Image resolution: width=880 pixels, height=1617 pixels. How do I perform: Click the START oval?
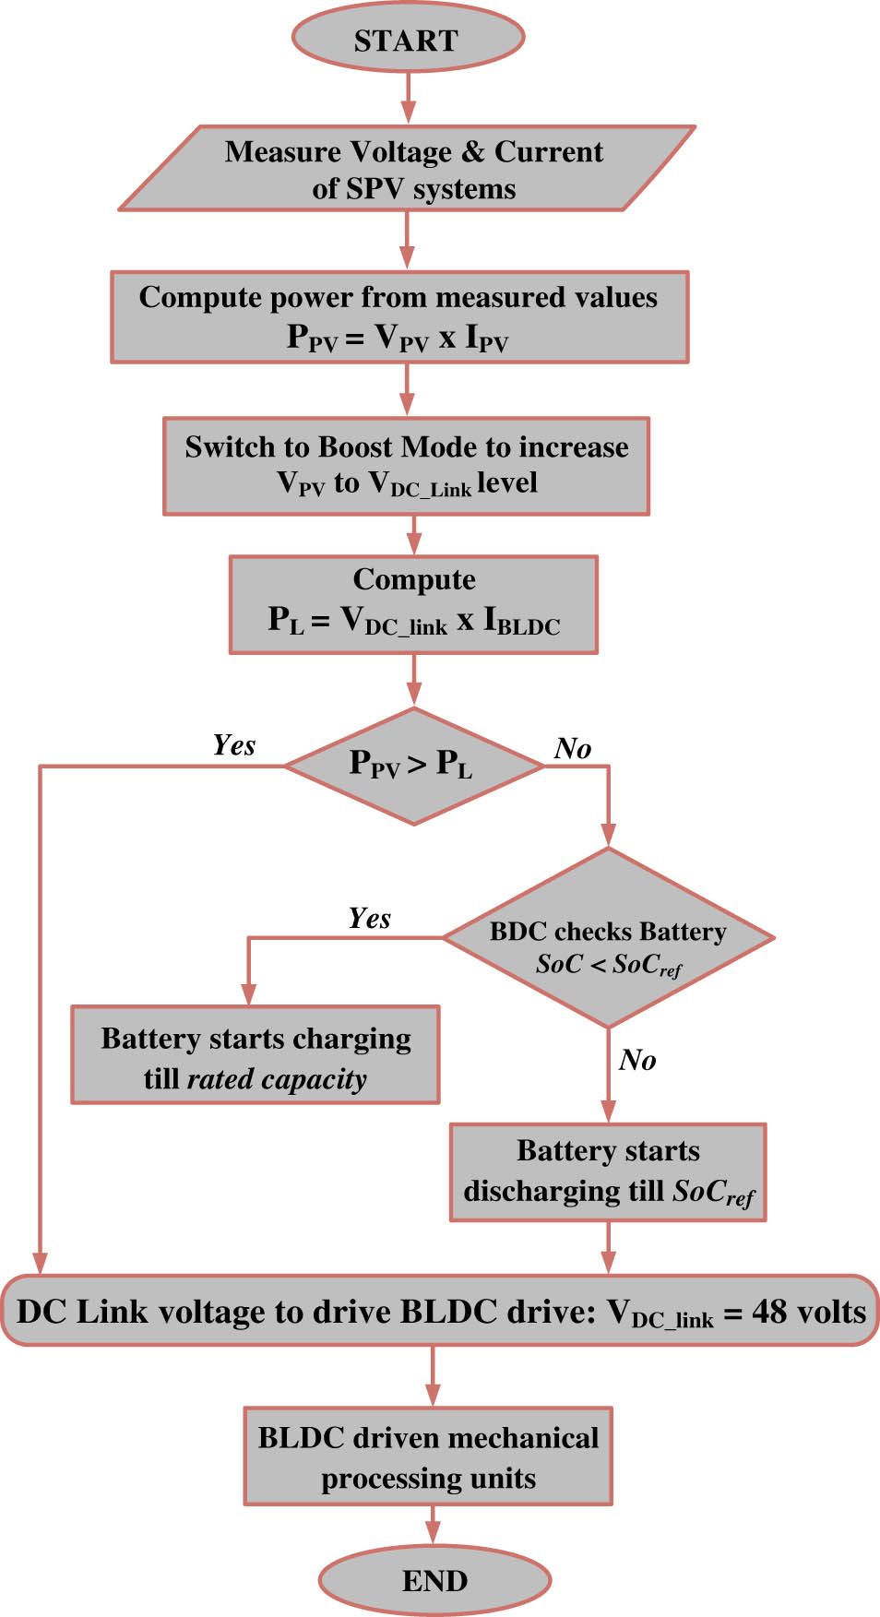coord(408,40)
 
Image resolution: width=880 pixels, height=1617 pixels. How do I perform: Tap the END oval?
coord(434,1580)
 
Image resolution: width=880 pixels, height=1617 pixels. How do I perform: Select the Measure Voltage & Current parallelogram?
coord(407,169)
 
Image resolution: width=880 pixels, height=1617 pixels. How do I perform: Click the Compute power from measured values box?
coord(398,316)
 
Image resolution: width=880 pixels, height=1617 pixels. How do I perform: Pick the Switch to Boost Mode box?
coord(406,466)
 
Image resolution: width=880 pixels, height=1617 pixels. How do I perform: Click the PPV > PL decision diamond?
coord(412,766)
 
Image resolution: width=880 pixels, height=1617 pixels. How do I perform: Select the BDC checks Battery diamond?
coord(608,938)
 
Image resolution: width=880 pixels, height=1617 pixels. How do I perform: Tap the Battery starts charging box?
coord(256,1055)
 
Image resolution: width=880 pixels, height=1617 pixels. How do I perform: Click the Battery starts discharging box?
coord(608,1172)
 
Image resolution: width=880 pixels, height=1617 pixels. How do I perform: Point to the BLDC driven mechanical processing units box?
coord(428,1456)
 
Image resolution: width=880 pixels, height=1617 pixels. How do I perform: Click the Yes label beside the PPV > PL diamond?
coord(233,745)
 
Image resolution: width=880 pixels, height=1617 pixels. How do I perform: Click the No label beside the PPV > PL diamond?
coord(573,749)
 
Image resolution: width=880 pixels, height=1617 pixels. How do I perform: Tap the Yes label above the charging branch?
coord(369,919)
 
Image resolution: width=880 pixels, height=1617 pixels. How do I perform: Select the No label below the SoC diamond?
coord(637,1061)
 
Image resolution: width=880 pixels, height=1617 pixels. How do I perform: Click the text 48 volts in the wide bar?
coord(809,1312)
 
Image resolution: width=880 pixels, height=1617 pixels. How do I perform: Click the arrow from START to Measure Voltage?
coord(408,98)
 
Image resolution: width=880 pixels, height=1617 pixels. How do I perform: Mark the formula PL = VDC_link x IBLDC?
coord(414,621)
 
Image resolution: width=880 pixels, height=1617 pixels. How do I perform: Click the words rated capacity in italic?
coord(277,1079)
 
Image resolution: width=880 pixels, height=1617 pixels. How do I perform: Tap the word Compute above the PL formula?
coord(414,579)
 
